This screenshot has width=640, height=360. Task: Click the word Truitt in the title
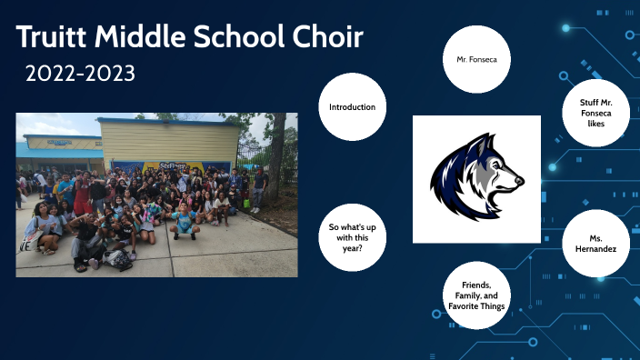[54, 38]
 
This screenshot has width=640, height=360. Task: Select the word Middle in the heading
[136, 38]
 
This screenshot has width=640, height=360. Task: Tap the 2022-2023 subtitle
[81, 74]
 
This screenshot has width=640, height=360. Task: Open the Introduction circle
[353, 107]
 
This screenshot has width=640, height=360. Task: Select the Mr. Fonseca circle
[476, 60]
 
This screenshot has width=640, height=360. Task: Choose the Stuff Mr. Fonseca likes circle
[595, 115]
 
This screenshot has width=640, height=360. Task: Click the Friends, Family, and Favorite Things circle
[476, 295]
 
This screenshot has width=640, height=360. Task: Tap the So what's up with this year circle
[353, 238]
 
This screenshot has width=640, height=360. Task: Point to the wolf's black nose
[519, 180]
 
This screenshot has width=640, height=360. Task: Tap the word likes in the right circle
[595, 135]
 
